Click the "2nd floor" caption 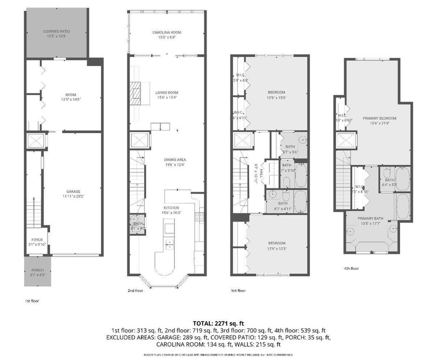(x=136, y=291)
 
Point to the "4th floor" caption (x=351, y=268)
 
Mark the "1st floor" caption (x=32, y=301)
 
